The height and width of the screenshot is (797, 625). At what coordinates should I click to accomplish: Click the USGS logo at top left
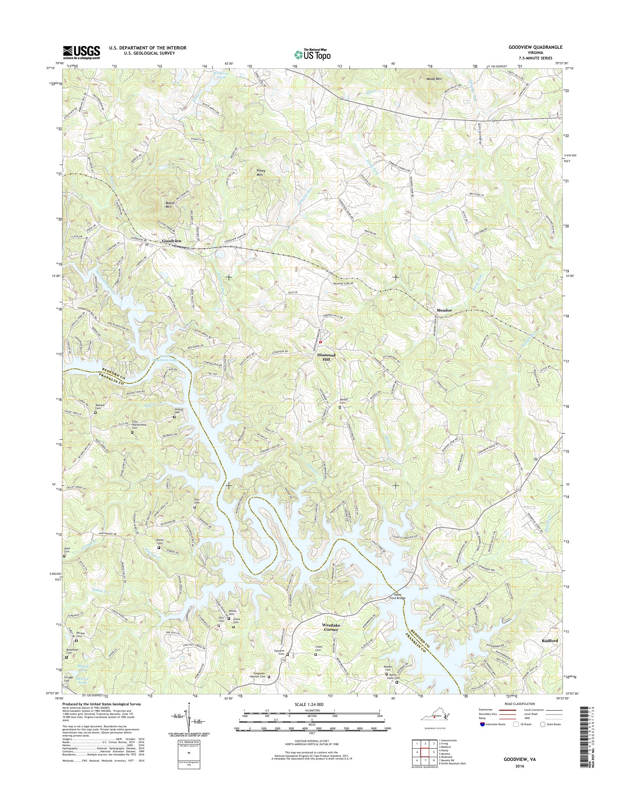point(81,52)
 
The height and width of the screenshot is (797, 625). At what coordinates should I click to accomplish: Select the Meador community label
point(444,310)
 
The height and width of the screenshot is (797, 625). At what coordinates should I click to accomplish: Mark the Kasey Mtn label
point(262,172)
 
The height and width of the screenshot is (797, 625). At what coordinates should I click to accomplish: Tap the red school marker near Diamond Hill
point(320,342)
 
